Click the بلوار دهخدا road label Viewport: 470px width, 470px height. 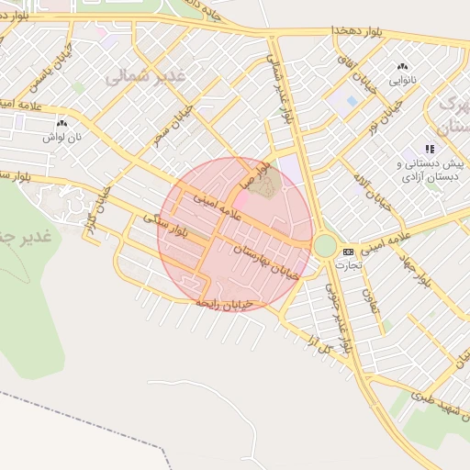(367, 32)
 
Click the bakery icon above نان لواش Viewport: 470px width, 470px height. (62, 123)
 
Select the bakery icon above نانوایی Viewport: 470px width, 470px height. (401, 67)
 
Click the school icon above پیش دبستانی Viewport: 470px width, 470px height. (428, 149)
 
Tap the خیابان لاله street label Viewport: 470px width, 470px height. (378, 187)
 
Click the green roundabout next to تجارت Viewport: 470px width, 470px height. (325, 246)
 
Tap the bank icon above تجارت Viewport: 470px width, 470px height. (347, 252)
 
